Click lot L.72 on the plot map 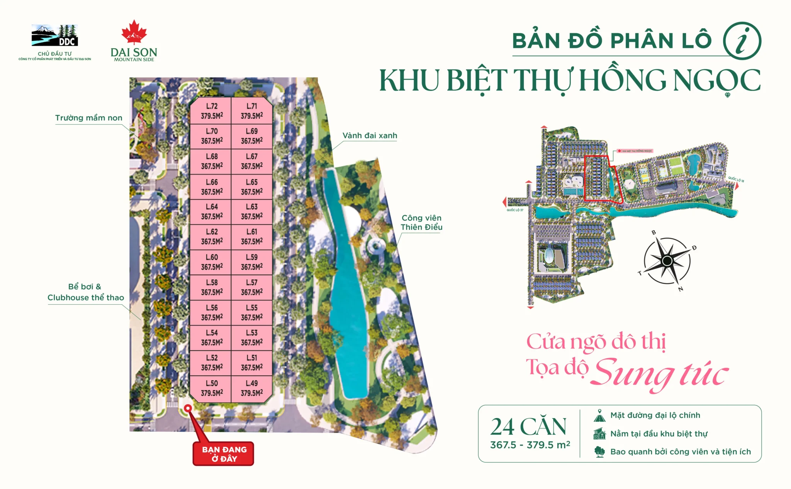click(211, 111)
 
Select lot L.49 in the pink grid click(251, 388)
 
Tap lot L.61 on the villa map click(251, 236)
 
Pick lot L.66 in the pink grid click(211, 187)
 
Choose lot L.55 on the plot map click(251, 312)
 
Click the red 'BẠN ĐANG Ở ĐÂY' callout click(224, 454)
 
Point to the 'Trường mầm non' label click(88, 118)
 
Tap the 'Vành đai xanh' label click(370, 136)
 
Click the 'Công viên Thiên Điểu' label click(421, 223)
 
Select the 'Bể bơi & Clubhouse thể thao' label click(86, 292)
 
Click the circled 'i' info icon click(742, 41)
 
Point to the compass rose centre click(667, 261)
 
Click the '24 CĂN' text click(528, 427)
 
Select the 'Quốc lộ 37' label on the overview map click(515, 210)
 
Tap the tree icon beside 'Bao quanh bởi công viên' click(599, 452)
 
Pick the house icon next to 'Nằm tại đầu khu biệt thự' click(599, 434)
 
